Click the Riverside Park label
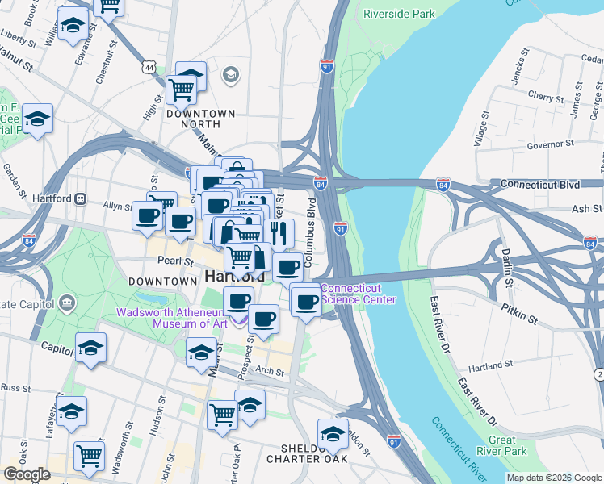click(399, 14)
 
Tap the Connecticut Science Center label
click(359, 294)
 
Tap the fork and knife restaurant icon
click(279, 233)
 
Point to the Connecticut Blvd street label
click(539, 184)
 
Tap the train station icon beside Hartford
click(80, 198)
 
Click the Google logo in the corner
click(26, 474)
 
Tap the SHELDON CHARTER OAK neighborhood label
click(307, 453)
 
